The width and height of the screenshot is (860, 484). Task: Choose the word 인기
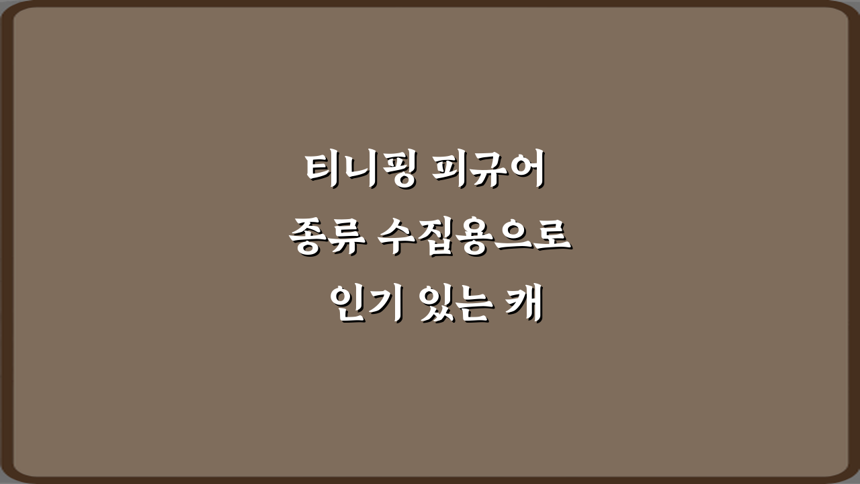tap(365, 305)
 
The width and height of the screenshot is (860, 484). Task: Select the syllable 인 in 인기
tap(348, 305)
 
